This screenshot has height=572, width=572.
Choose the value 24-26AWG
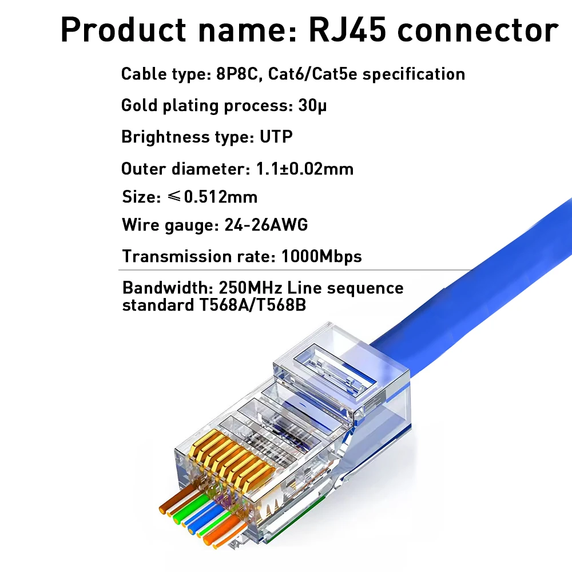(264, 225)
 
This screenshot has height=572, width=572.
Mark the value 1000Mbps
(321, 256)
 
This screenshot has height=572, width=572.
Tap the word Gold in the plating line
(138, 106)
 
